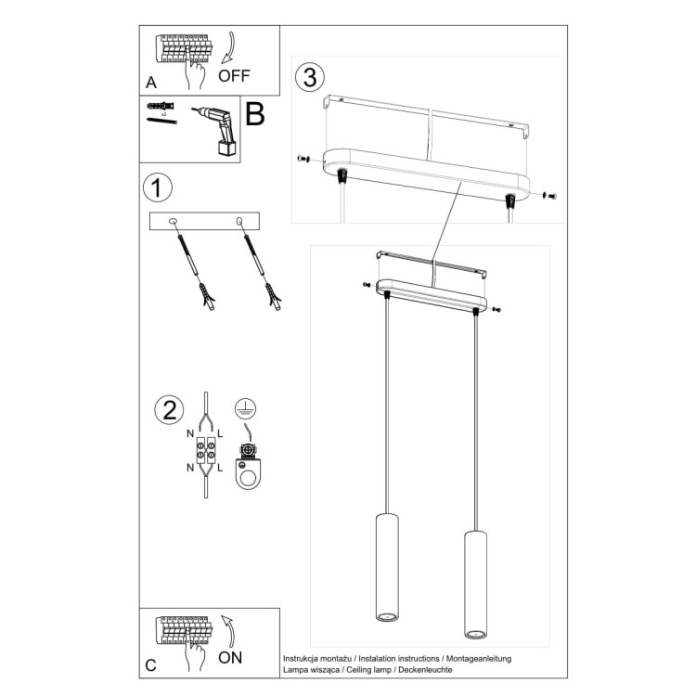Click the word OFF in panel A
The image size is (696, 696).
[x=234, y=76]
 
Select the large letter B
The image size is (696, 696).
[x=255, y=114]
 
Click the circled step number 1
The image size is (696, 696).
[x=158, y=188]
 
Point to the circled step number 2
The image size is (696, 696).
[x=168, y=410]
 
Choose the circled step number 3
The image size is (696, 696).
[x=308, y=74]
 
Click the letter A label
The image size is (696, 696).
[x=151, y=81]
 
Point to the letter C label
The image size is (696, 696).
[x=151, y=664]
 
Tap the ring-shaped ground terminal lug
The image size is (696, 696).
[x=247, y=470]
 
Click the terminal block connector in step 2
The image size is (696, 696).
[x=204, y=455]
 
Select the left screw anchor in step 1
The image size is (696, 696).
[x=194, y=269]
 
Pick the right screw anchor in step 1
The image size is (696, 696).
[x=262, y=269]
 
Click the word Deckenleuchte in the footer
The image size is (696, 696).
[x=425, y=668]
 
